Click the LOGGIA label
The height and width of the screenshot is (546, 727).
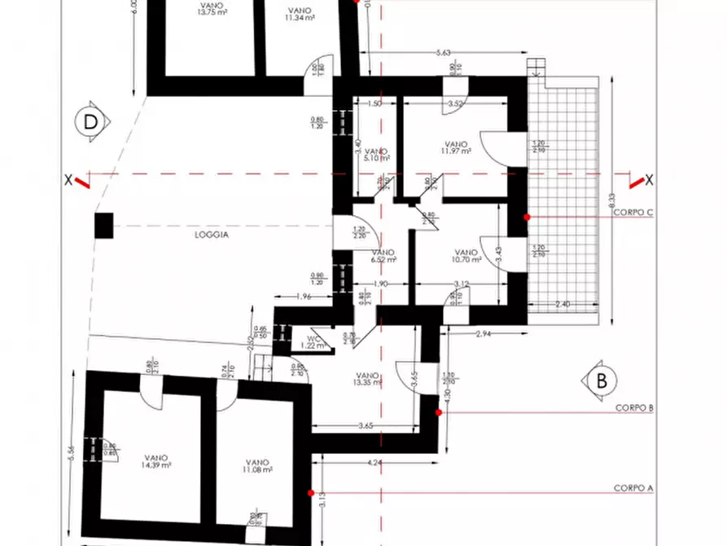212,234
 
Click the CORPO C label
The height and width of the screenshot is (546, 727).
634,213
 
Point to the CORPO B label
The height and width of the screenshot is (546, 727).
634,407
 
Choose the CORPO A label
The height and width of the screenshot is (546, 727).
634,488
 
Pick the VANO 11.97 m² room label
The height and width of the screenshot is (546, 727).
457,147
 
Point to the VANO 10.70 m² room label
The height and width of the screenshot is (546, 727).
466,256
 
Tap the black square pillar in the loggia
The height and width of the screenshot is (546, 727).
103,225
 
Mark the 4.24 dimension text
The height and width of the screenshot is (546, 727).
374,463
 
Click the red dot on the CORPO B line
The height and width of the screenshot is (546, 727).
439,412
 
